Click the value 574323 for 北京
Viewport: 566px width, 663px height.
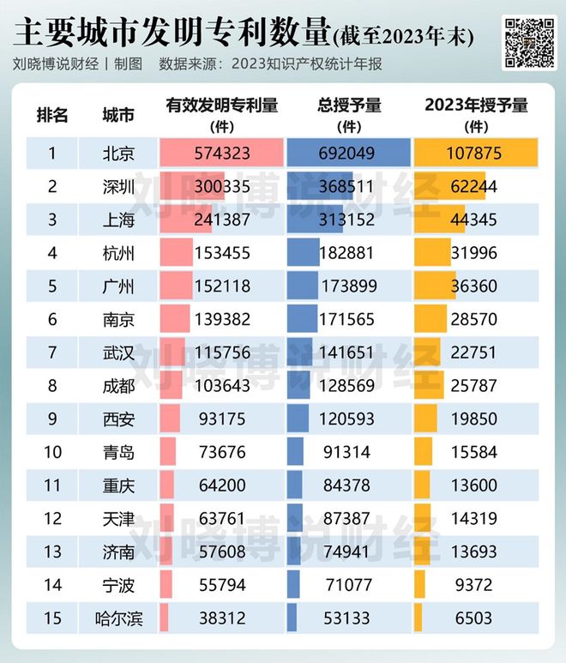pos(221,154)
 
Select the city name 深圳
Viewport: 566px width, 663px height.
pos(118,187)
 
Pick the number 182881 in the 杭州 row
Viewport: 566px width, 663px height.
pos(349,253)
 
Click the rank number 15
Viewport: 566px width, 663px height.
pos(52,618)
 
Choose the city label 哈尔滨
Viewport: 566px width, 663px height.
pos(118,618)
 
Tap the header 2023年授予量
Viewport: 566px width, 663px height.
pos(476,106)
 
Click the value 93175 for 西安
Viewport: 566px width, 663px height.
pos(221,419)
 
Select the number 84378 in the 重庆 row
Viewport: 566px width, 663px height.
pos(349,485)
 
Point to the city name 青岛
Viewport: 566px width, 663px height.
pos(118,452)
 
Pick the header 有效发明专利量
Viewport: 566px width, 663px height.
pos(221,106)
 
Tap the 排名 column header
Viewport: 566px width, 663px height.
pos(52,115)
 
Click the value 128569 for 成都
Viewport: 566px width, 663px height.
pos(349,386)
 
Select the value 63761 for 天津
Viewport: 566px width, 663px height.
pos(221,519)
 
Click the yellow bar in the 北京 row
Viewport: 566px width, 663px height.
pos(476,154)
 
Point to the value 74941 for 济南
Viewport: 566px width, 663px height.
pos(349,551)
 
